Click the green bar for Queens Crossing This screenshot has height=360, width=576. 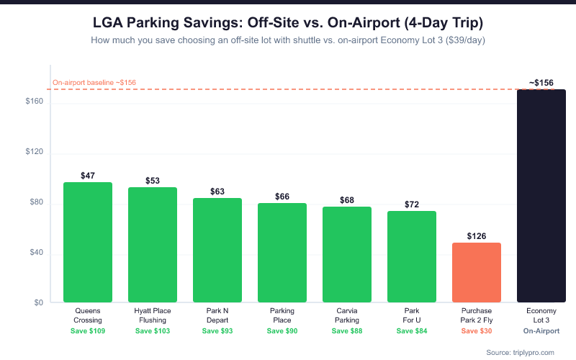88,242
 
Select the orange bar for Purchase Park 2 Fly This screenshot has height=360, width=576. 477,272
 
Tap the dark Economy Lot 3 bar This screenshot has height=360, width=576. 541,196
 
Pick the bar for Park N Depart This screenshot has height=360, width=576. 217,250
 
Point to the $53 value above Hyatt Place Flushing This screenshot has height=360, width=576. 153,181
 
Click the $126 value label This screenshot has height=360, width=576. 477,236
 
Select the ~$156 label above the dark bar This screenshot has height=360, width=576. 541,84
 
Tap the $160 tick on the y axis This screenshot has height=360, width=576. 35,102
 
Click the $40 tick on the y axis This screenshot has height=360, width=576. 36,253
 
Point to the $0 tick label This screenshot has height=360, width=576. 39,303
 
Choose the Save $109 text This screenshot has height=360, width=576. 88,331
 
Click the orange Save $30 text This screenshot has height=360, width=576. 477,331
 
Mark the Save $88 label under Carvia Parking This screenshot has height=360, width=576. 347,331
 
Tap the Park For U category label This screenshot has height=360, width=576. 412,315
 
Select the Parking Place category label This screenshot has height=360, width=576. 282,315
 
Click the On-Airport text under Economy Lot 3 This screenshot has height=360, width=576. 541,331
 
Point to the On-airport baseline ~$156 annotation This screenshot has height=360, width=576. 94,83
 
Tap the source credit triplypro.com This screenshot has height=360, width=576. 521,352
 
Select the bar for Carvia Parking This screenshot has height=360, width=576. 347,254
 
